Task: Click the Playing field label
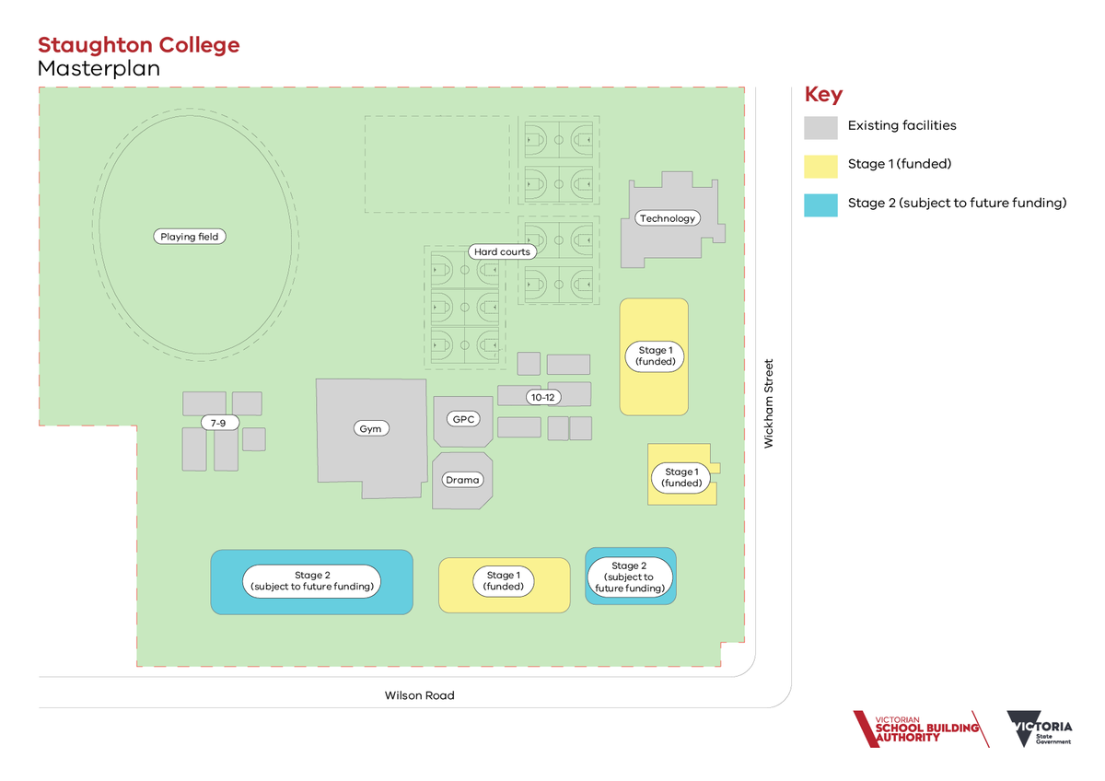click(190, 237)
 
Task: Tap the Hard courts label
click(502, 251)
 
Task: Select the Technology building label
click(668, 218)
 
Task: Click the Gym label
click(371, 428)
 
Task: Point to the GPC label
click(463, 419)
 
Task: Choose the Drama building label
click(462, 480)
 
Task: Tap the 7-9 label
click(219, 423)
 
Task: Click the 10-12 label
click(543, 397)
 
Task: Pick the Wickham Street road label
click(769, 403)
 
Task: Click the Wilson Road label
click(419, 695)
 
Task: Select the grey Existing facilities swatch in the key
click(820, 128)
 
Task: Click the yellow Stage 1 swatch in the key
click(820, 167)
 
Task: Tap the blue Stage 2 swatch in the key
click(820, 205)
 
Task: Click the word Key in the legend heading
click(823, 94)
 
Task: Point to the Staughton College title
click(139, 45)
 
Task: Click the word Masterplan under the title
click(99, 68)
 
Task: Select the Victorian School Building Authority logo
click(921, 729)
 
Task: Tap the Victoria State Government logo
click(1040, 729)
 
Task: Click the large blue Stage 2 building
click(312, 582)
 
